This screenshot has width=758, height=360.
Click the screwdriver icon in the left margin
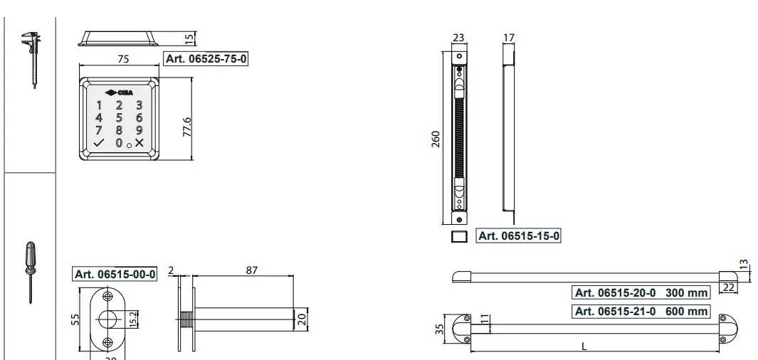tap(30, 272)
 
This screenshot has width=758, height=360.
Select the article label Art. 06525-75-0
tap(206, 59)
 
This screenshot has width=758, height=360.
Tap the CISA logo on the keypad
tap(119, 92)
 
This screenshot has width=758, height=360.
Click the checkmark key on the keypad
tap(99, 142)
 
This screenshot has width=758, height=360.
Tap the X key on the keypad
tap(139, 142)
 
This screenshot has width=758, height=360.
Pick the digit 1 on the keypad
tap(100, 105)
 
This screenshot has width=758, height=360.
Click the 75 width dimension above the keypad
tap(123, 59)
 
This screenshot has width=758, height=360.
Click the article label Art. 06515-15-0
tap(518, 236)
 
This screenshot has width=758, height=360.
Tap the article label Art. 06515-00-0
tap(115, 275)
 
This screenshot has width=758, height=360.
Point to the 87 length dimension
tap(251, 270)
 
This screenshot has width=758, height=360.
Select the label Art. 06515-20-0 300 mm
tap(641, 292)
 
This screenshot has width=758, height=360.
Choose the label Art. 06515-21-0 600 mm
tap(641, 311)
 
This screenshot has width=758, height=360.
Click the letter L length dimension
tap(584, 346)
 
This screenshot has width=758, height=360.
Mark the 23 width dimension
tap(458, 38)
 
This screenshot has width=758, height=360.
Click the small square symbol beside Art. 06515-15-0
tap(460, 236)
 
